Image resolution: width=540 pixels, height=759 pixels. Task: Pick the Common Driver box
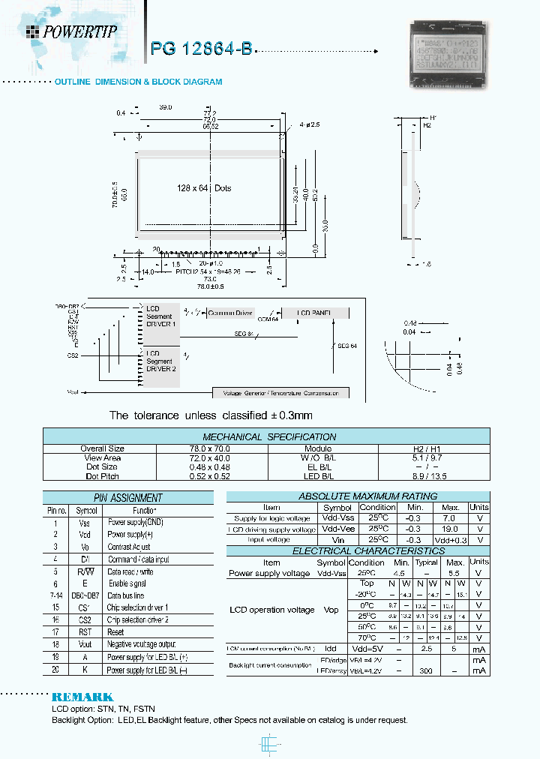pyautogui.click(x=230, y=313)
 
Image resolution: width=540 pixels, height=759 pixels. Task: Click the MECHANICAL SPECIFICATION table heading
pyautogui.click(x=269, y=436)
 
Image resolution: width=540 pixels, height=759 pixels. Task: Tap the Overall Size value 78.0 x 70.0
pyautogui.click(x=213, y=448)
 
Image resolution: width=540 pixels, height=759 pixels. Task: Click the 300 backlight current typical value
pyautogui.click(x=426, y=670)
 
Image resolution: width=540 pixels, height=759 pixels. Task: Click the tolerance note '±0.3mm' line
pyautogui.click(x=211, y=415)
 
